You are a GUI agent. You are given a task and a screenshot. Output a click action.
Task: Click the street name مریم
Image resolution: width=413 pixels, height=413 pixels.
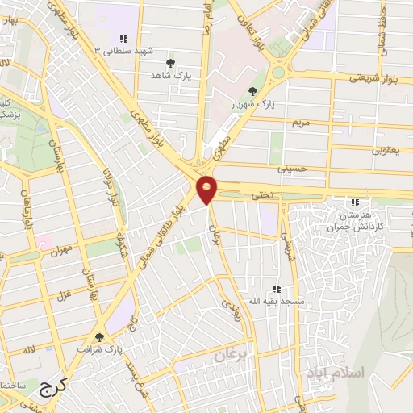300,123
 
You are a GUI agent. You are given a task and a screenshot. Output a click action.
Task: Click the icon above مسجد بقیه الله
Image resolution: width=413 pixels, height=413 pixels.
277,288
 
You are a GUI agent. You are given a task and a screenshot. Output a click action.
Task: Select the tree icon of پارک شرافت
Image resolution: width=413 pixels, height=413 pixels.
100,337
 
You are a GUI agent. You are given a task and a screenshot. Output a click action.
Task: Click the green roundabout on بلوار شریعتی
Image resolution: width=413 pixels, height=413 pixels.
278,71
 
